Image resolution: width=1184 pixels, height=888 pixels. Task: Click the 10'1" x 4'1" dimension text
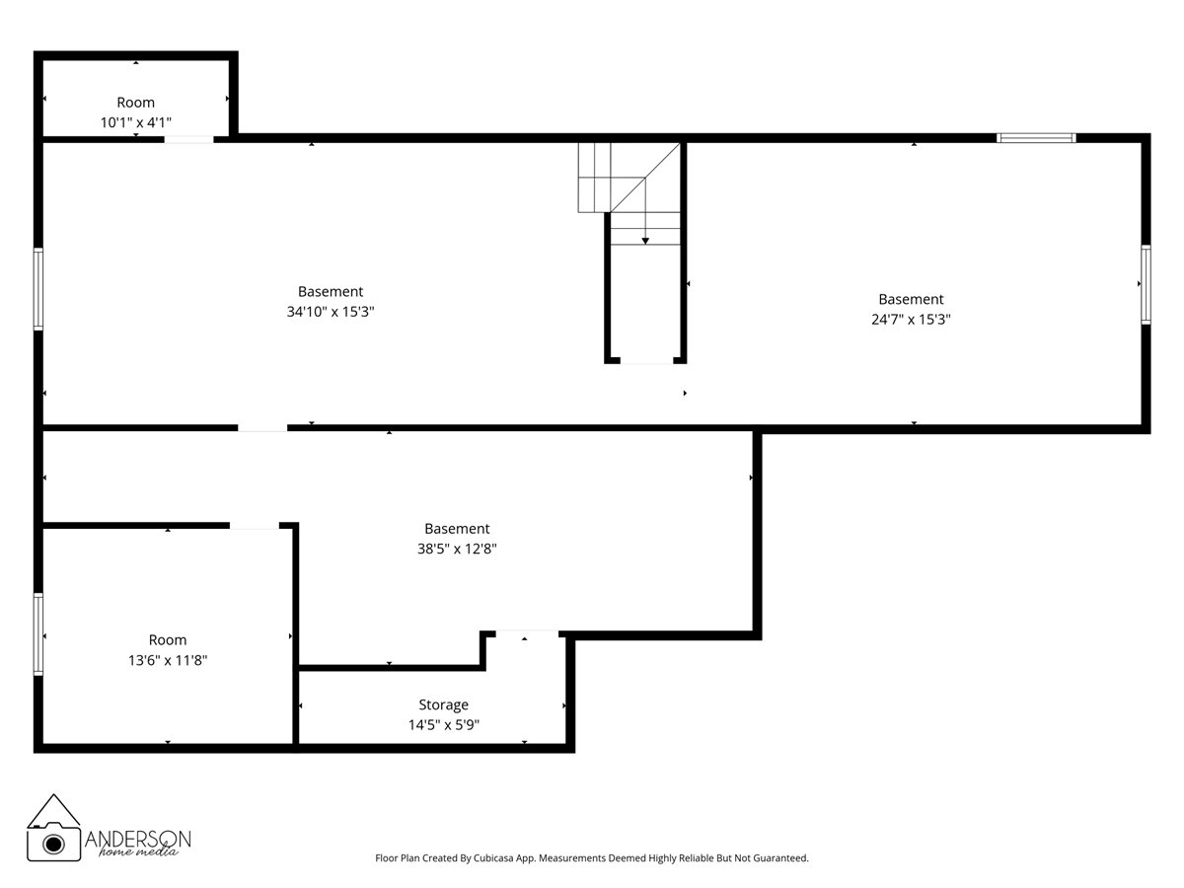coord(136,122)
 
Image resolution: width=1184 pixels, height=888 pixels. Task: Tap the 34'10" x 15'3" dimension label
coord(331,312)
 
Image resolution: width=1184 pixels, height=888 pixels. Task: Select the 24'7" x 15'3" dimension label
coord(911,320)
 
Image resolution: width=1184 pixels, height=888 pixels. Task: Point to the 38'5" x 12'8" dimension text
coord(457,549)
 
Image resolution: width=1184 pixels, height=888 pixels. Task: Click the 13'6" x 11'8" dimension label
coord(167,660)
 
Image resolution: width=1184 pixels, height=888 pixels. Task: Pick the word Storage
coord(443,704)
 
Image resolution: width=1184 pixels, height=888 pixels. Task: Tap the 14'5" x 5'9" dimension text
coord(443,725)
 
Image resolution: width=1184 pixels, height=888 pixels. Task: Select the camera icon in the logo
coord(55,842)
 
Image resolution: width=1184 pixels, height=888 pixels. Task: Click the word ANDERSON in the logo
coord(138,838)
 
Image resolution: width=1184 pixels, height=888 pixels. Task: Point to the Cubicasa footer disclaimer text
coord(592,858)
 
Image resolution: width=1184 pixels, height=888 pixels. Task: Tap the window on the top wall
coord(1036,138)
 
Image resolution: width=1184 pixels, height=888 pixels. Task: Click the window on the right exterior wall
coord(1146,284)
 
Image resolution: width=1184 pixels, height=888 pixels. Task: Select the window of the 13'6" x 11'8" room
coord(38,633)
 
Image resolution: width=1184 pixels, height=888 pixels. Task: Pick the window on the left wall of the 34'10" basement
coord(38,288)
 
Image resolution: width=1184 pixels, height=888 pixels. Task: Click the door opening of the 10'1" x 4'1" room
coord(188,139)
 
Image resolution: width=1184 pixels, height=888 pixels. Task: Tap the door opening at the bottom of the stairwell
coord(646,362)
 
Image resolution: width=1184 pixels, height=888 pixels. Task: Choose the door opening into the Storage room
coord(526,632)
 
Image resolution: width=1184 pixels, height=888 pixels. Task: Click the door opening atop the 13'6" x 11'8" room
coord(255,526)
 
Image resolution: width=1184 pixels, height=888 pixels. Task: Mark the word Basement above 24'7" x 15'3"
coord(911,299)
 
